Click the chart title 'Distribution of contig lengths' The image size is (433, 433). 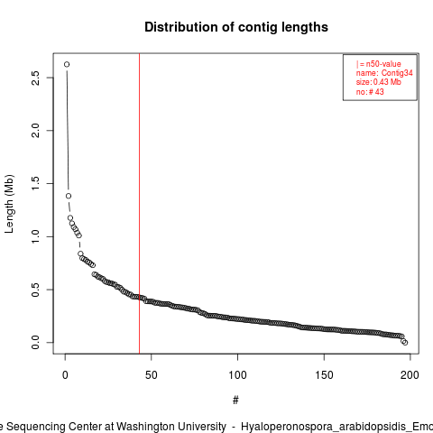tap(236, 27)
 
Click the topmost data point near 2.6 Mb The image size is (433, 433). tap(67, 64)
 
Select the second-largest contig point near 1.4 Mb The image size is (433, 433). tap(69, 196)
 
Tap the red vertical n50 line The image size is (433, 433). tap(139, 204)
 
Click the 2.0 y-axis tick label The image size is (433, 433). tap(36, 131)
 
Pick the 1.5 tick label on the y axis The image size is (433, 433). tap(36, 183)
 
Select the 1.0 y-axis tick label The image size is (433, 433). tap(36, 236)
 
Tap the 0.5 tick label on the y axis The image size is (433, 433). tap(36, 290)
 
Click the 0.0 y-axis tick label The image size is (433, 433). tap(36, 343)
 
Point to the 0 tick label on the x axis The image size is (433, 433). tap(65, 375)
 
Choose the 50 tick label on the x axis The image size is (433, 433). tap(152, 375)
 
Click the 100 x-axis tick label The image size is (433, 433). tap(237, 375)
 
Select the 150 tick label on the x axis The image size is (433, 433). tap(324, 375)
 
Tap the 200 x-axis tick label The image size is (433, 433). tap(410, 375)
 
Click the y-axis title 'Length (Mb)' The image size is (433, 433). tap(9, 204)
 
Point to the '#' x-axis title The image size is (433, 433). tap(235, 401)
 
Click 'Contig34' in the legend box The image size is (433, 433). tap(397, 73)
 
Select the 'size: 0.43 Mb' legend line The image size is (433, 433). tap(379, 82)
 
